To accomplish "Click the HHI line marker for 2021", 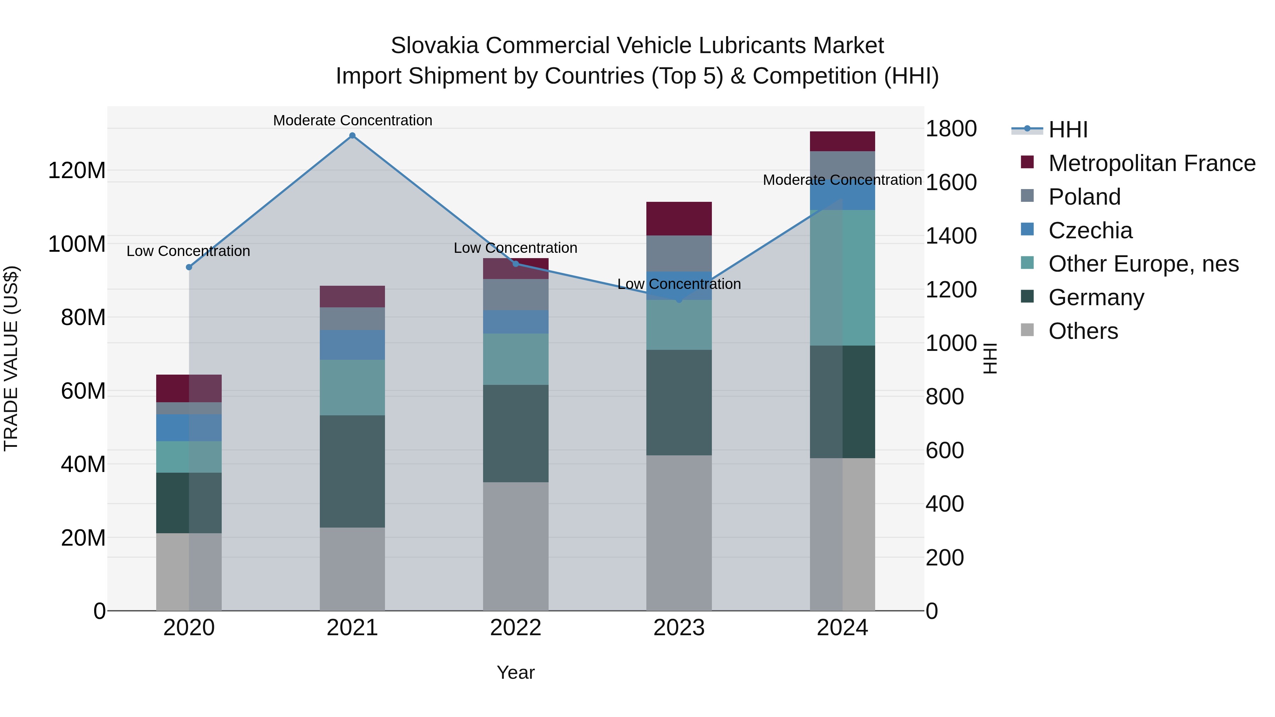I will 352,136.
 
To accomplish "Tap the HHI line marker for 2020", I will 188,267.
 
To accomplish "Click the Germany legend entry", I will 1096,297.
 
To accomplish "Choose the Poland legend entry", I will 1084,197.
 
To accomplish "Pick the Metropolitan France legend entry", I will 1151,163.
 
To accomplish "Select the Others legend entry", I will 1083,331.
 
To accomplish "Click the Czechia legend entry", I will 1090,231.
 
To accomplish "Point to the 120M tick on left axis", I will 77,171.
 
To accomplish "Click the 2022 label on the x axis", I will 515,628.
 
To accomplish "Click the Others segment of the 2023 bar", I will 679,533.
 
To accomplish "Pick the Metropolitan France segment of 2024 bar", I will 843,142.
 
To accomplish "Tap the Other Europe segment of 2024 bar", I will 843,278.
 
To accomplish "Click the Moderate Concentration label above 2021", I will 352,120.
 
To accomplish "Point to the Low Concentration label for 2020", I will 188,251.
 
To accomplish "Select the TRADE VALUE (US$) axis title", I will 11,358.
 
